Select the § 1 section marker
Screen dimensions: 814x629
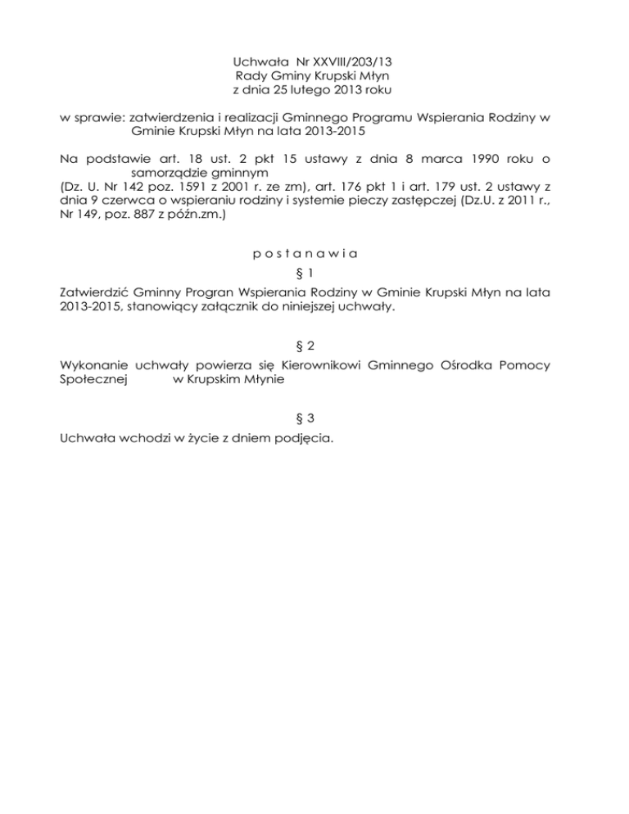pyautogui.click(x=314, y=272)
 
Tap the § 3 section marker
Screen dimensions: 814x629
pyautogui.click(x=314, y=418)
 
